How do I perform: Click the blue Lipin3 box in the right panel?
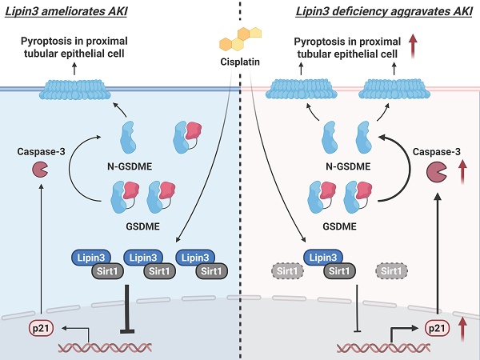330,258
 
